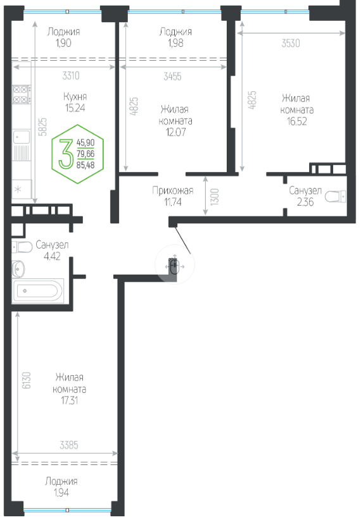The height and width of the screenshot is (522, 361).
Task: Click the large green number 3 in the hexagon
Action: click(66, 154)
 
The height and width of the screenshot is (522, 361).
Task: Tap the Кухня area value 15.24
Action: click(75, 108)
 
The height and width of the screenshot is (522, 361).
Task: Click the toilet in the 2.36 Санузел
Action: click(335, 196)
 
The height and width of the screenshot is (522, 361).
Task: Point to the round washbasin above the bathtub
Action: click(18, 269)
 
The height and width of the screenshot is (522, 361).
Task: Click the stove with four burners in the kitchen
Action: click(22, 94)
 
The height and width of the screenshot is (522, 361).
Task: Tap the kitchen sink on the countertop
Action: click(22, 137)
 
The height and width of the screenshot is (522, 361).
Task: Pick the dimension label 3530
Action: click(291, 43)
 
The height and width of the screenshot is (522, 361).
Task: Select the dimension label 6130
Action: click(27, 380)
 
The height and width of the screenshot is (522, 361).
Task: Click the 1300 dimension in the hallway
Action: click(215, 196)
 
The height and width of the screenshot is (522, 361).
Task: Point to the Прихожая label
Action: click(173, 190)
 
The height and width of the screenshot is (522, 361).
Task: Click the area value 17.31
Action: click(70, 400)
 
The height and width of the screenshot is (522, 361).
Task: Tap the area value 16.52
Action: click(297, 121)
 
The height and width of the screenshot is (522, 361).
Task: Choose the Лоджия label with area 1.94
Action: click(61, 481)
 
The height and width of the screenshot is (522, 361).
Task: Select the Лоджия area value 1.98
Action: click(175, 43)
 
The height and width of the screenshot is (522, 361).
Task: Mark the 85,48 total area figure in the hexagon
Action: click(85, 165)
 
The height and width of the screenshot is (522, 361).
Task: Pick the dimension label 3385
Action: click(69, 445)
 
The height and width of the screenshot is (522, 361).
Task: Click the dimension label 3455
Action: click(172, 77)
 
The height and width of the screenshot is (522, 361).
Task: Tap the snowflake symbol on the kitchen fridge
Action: click(18, 189)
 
